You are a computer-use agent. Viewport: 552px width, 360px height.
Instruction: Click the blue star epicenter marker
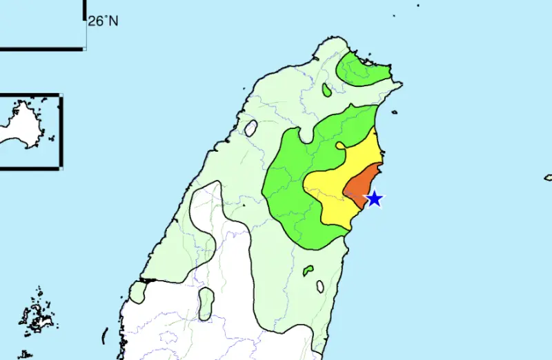[374, 199]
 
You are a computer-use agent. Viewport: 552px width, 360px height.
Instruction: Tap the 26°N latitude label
[103, 21]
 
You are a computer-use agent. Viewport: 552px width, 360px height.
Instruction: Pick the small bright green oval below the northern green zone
[326, 90]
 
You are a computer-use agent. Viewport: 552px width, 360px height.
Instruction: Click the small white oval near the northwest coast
[251, 128]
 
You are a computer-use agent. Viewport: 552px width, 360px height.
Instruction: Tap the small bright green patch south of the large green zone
[308, 270]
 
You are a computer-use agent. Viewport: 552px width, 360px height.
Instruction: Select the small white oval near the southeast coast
[320, 286]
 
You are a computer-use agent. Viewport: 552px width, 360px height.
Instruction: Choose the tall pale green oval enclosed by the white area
[206, 303]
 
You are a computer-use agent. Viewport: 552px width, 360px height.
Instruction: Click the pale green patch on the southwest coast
[138, 292]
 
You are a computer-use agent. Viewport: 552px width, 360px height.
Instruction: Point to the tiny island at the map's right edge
[548, 177]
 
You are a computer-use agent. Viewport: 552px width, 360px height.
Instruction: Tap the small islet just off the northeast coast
[393, 112]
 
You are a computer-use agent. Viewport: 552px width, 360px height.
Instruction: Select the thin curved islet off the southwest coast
[105, 335]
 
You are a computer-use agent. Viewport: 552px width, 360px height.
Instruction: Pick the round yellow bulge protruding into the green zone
[341, 146]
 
